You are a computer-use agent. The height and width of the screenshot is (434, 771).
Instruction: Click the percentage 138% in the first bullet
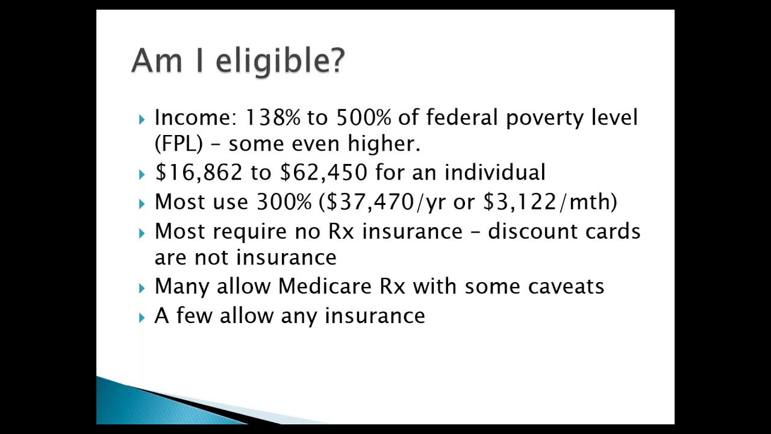point(272,118)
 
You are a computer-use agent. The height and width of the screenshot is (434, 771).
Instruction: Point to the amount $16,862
point(198,173)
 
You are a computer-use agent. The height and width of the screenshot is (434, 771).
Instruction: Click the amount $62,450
point(323,173)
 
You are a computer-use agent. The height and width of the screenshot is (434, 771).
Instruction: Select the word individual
point(495,172)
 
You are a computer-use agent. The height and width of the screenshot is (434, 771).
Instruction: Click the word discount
point(529,231)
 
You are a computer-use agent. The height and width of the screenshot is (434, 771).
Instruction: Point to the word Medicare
point(325,286)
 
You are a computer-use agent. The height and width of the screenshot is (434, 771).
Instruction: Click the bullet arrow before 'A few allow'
point(142,317)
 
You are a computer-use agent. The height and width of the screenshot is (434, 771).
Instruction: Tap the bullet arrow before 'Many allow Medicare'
point(142,288)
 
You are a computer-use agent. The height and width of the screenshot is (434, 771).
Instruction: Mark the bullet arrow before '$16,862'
point(142,174)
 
